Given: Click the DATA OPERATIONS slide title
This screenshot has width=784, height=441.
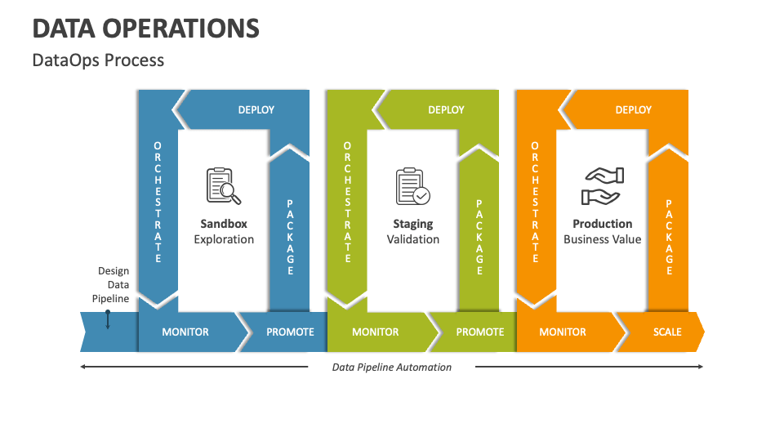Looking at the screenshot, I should click(146, 28).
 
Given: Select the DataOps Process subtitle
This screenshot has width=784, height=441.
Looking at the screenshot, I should click(98, 60).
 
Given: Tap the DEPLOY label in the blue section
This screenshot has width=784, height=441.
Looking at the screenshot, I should click(256, 109).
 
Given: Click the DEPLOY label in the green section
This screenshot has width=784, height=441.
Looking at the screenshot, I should click(446, 109).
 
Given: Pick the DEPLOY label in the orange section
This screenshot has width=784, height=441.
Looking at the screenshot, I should click(634, 109).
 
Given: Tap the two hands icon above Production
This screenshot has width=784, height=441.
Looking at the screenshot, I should click(603, 185).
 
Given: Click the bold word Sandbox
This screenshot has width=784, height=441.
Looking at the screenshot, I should click(224, 224).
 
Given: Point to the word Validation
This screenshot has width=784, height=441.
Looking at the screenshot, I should click(413, 239).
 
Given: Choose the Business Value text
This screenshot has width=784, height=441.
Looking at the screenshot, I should click(603, 239).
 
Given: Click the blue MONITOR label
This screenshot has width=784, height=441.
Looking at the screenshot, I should click(185, 332).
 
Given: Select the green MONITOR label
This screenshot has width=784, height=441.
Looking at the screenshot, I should click(376, 332).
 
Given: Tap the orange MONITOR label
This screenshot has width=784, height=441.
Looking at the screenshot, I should click(563, 332).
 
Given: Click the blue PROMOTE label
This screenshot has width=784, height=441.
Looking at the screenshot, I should click(290, 332).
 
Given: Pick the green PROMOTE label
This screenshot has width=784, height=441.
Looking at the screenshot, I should click(480, 332).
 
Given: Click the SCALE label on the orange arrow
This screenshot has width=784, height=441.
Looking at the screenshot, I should click(667, 332).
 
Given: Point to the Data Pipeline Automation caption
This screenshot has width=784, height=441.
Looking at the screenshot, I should click(392, 367).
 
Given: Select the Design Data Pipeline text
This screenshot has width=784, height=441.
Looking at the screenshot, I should click(114, 285).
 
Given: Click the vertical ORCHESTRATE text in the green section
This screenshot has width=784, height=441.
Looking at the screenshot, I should click(348, 202).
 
